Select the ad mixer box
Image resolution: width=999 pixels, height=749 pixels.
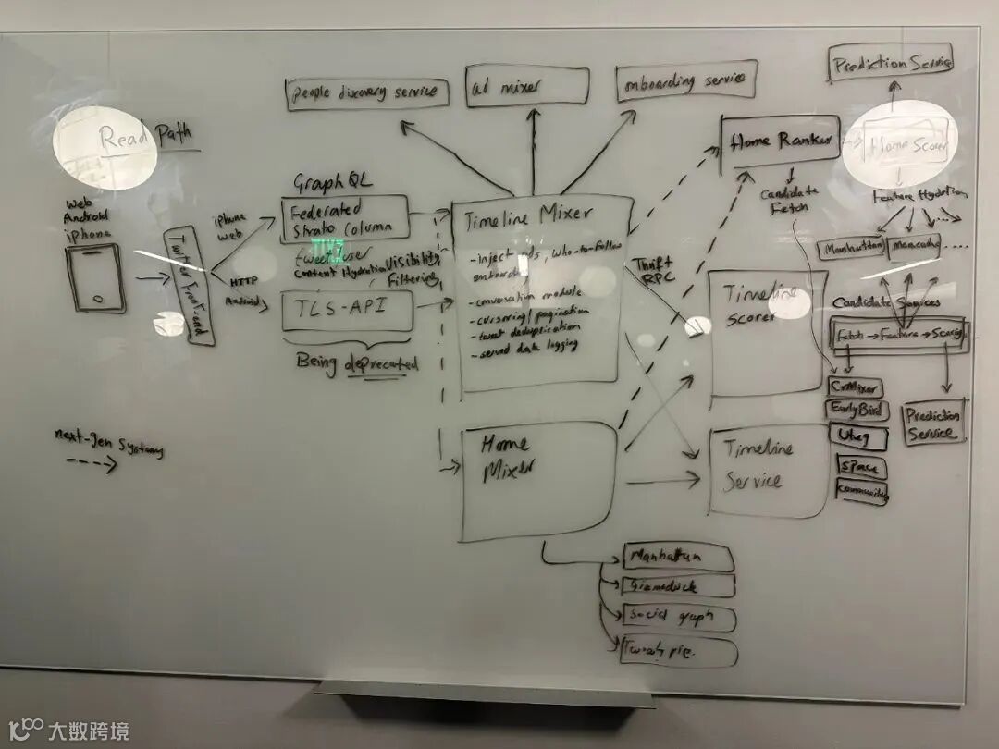[x=526, y=87]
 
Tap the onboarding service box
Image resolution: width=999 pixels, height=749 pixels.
[x=686, y=81]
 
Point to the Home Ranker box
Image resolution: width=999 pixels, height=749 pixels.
[x=779, y=141]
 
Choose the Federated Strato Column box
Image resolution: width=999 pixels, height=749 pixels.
[x=344, y=218]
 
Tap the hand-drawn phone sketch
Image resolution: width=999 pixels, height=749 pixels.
[x=95, y=276]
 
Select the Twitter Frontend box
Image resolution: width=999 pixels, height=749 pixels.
[x=188, y=287]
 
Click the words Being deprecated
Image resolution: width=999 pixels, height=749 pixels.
[x=357, y=362]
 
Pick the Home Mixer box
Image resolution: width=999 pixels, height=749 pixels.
[x=537, y=480]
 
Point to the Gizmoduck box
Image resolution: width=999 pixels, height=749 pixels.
[x=679, y=586]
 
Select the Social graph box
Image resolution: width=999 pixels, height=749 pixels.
[x=678, y=618]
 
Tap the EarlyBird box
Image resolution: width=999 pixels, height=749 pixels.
[x=857, y=411]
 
